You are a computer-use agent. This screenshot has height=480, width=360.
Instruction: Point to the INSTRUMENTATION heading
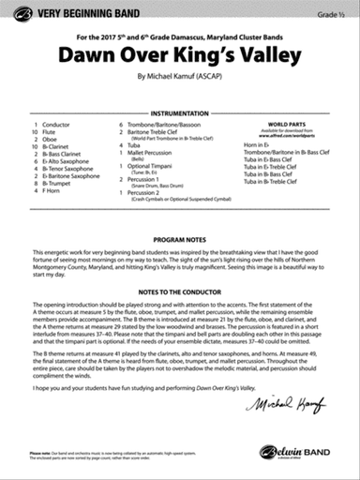(x=180, y=111)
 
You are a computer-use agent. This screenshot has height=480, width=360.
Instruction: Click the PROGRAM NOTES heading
(x=180, y=240)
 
